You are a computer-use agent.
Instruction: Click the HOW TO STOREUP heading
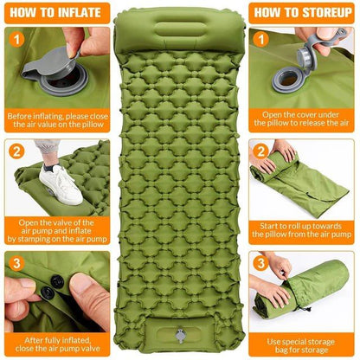tap(302, 13)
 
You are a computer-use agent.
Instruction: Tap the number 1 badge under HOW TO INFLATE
tap(16, 39)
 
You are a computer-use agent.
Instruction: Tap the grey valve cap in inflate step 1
tap(54, 64)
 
